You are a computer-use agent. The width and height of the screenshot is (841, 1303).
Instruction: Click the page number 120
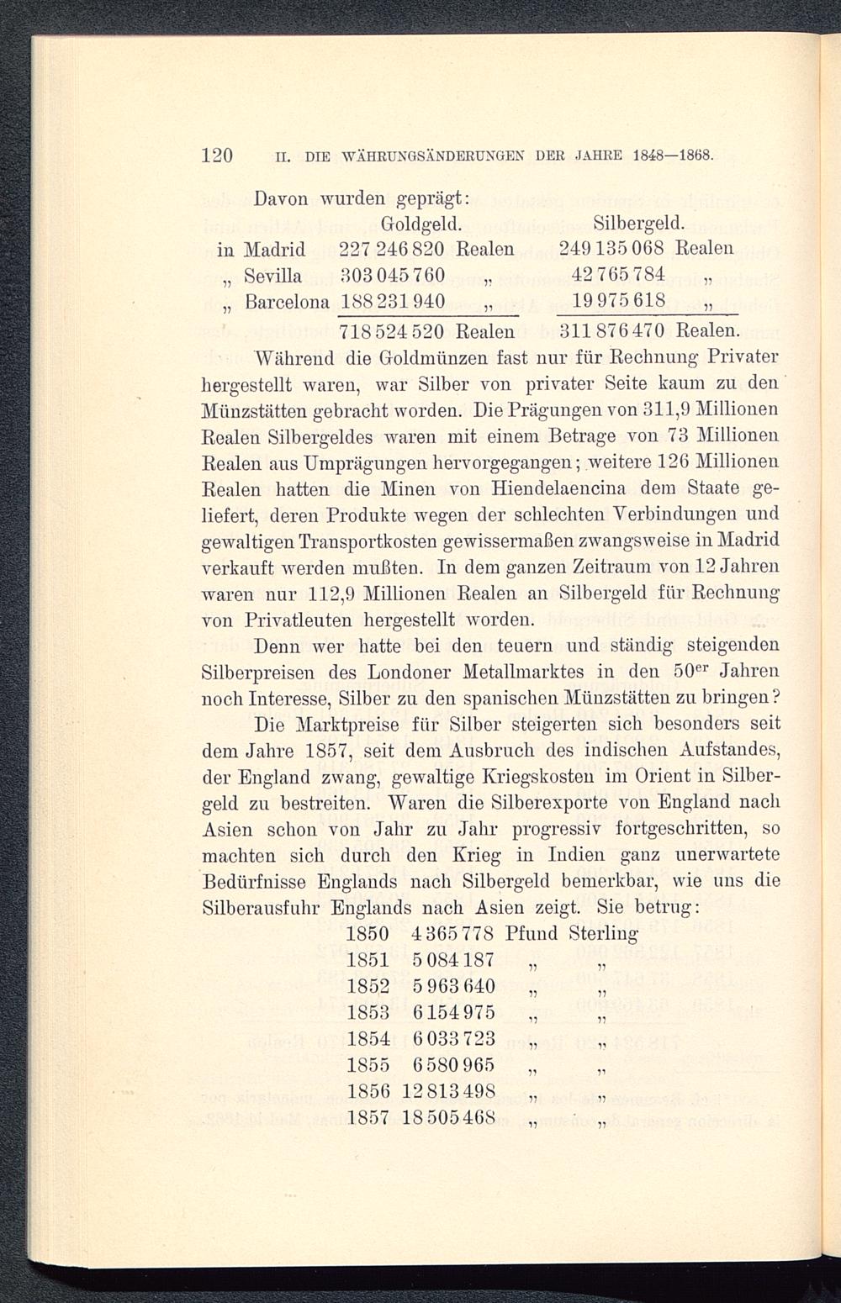point(217,155)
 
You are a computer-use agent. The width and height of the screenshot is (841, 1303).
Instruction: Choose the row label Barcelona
point(281,300)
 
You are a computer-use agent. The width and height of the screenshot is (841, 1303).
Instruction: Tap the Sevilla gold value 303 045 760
point(391,275)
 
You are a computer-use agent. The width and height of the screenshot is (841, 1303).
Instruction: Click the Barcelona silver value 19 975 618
point(623,300)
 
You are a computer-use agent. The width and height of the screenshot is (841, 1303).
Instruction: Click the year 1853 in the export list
point(368,1011)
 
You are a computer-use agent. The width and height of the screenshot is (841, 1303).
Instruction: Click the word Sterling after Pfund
point(603,934)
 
